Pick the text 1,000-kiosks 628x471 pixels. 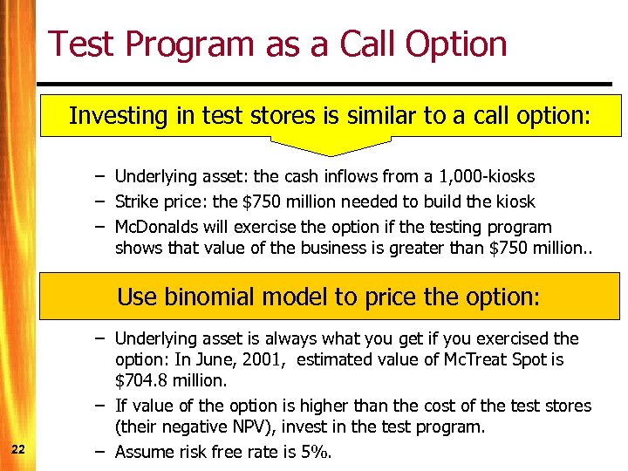click(490, 177)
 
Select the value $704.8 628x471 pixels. click(144, 379)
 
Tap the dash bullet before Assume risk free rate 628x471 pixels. click(101, 451)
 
